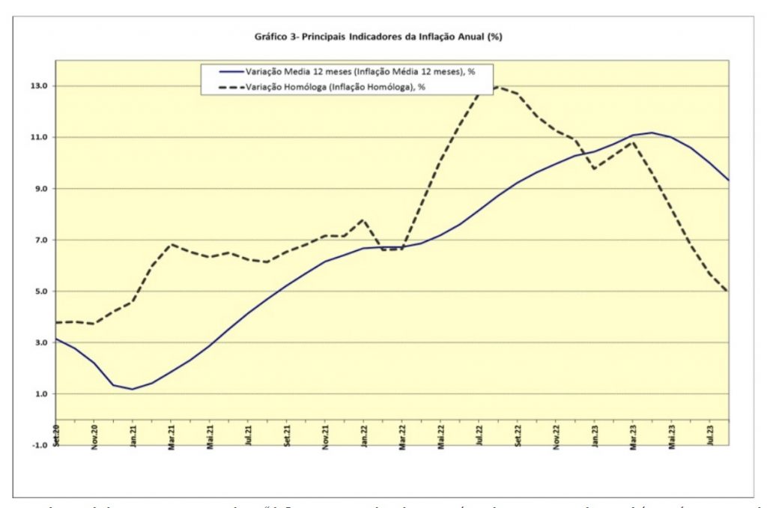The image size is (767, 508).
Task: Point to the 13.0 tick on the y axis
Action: pyautogui.click(x=39, y=86)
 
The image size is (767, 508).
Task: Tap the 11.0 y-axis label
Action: pyautogui.click(x=39, y=137)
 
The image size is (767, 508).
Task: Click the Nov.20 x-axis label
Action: pyautogui.click(x=95, y=436)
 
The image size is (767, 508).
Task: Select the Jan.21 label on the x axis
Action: pyautogui.click(x=133, y=436)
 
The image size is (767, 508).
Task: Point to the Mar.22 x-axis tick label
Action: pyautogui.click(x=404, y=436)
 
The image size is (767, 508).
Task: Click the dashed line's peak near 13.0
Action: pyautogui.click(x=496, y=87)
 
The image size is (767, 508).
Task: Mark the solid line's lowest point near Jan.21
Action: pyautogui.click(x=133, y=389)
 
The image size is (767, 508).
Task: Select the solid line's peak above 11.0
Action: pyautogui.click(x=652, y=133)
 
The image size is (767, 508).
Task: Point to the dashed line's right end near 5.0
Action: pyautogui.click(x=727, y=291)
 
